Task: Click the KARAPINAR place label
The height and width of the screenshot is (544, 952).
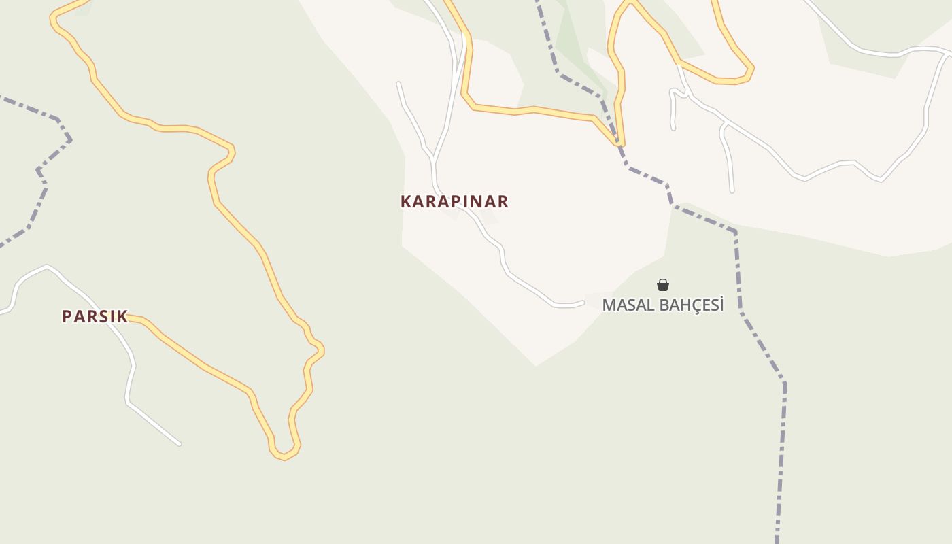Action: click(454, 201)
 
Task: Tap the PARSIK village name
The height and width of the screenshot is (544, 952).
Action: click(95, 316)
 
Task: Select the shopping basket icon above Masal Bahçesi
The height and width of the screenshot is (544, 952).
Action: click(663, 285)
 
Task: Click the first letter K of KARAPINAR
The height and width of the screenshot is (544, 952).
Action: click(406, 201)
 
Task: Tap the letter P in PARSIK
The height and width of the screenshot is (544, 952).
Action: click(67, 316)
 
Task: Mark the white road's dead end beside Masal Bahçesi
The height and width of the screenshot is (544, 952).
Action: click(583, 303)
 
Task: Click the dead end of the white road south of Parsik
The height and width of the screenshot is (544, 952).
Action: click(179, 444)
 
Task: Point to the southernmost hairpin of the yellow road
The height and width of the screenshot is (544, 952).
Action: click(284, 456)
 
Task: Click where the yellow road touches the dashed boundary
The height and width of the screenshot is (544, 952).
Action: click(618, 143)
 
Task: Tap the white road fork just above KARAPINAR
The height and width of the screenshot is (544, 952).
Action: click(433, 160)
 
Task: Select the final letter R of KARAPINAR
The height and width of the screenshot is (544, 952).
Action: click(503, 201)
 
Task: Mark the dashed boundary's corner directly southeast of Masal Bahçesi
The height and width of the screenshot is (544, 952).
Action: click(784, 384)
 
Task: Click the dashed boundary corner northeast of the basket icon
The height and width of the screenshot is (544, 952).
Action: click(734, 232)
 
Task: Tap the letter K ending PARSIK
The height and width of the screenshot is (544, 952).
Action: click(122, 316)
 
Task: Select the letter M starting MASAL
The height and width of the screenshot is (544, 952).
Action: click(609, 305)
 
